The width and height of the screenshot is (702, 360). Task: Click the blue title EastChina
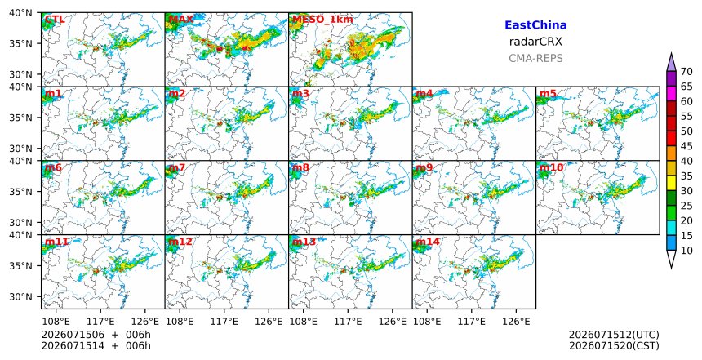pos(535,25)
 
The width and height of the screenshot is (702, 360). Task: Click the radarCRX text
pos(535,42)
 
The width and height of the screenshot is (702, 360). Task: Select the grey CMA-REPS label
pos(535,58)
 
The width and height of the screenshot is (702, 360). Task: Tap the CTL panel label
pos(54,20)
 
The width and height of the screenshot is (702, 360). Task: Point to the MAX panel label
pos(180,20)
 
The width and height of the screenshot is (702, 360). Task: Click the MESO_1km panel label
pos(322,20)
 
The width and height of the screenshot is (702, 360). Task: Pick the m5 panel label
pos(548,94)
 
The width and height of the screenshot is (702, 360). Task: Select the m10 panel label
pos(551,167)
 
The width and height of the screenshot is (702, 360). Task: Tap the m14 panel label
pos(428,242)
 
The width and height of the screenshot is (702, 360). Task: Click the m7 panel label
pos(177,167)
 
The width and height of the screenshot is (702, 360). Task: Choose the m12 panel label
pos(180,242)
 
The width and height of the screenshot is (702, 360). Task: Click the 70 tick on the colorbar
pos(686,72)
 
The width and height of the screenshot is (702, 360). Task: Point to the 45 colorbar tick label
pos(686,146)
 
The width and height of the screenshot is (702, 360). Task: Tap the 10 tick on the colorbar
pos(686,251)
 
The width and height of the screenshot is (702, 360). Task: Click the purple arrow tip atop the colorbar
pos(671,54)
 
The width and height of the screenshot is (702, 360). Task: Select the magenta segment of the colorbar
pos(671,94)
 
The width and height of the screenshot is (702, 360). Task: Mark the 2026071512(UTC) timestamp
pos(614,335)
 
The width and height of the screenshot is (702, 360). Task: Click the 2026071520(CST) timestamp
pos(614,345)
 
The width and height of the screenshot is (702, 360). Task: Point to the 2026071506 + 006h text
pos(96,335)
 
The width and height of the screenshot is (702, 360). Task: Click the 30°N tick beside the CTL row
pos(20,74)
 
